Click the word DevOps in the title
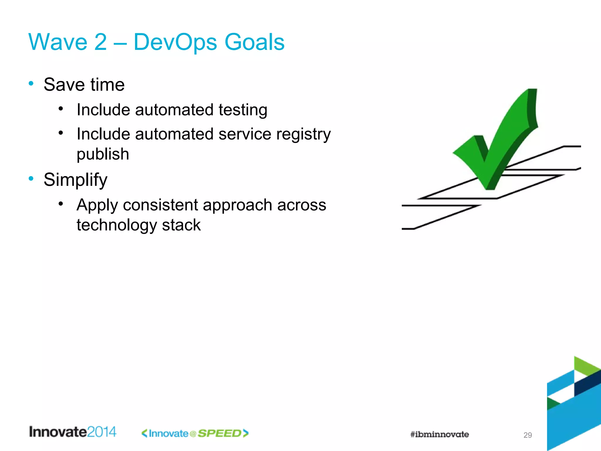pos(175,42)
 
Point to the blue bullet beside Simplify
pos(31,178)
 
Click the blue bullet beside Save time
pos(31,83)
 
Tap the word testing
pos(243,110)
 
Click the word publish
pos(103,154)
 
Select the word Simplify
pos(75,180)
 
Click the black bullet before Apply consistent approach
pos(61,203)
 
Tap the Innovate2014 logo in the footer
pos(72,432)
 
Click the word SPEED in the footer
pos(219,433)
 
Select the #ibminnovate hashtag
pos(439,434)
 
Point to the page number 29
pos(527,435)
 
